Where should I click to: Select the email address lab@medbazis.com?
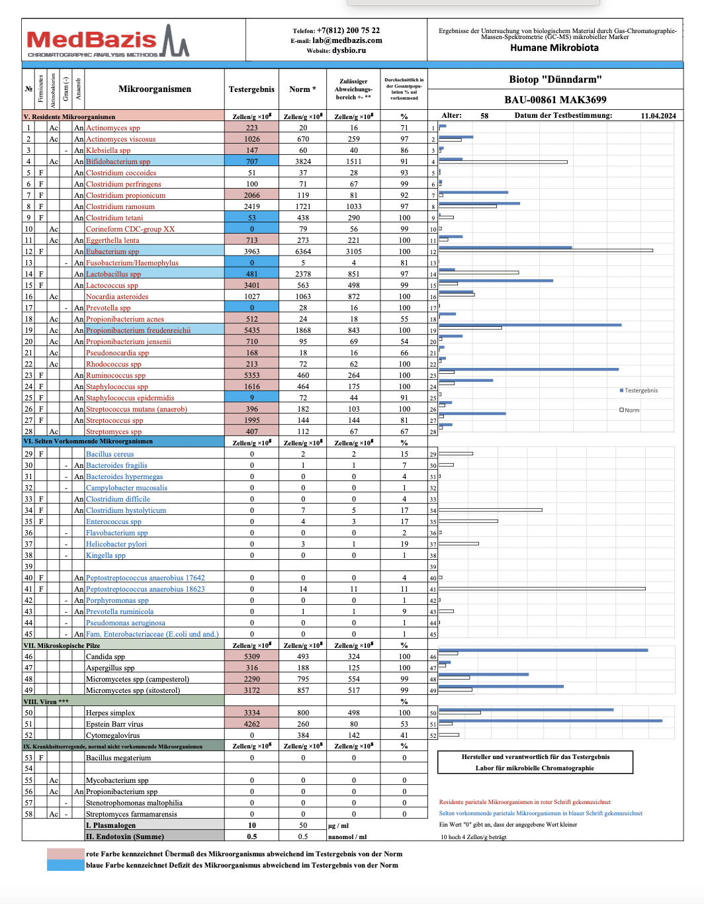[x=347, y=40]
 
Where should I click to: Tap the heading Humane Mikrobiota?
[x=554, y=48]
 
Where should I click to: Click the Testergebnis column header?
[x=251, y=89]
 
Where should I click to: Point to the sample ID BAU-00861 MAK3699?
[x=555, y=100]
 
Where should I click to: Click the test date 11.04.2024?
[x=658, y=116]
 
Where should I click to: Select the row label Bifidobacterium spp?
[x=118, y=161]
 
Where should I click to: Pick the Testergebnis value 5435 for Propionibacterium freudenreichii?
[x=252, y=330]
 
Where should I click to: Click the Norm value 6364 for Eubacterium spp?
[x=303, y=251]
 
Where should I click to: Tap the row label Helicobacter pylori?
[x=116, y=544]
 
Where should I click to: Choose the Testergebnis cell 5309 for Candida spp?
[x=252, y=656]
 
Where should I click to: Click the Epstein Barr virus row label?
[x=114, y=724]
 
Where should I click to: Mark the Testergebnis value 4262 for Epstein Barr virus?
[x=252, y=724]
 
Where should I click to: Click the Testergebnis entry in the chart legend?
[x=640, y=390]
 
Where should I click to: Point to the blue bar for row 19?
[x=529, y=325]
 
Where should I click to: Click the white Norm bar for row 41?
[x=542, y=589]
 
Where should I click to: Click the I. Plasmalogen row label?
[x=110, y=825]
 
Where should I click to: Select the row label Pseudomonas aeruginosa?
[x=126, y=623]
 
